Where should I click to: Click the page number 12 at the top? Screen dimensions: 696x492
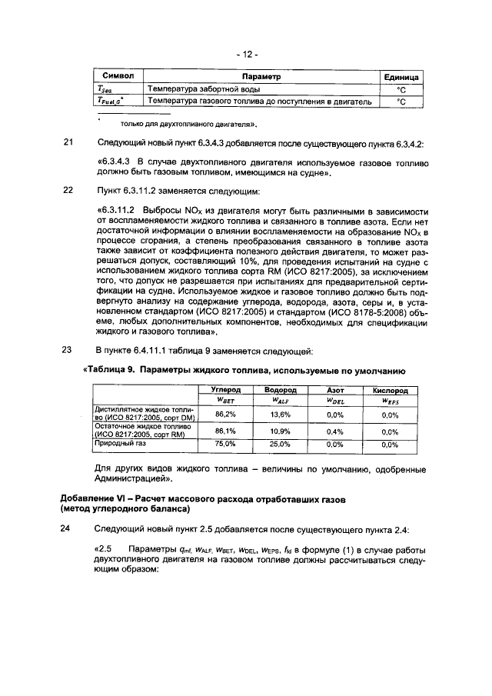247,55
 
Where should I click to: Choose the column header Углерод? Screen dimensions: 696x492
225,391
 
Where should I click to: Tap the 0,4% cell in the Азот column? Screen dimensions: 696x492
334,431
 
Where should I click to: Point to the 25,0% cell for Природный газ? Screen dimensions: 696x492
280,444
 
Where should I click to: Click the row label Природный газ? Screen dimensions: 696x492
118,444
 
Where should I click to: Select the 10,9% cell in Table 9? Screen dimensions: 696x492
280,431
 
